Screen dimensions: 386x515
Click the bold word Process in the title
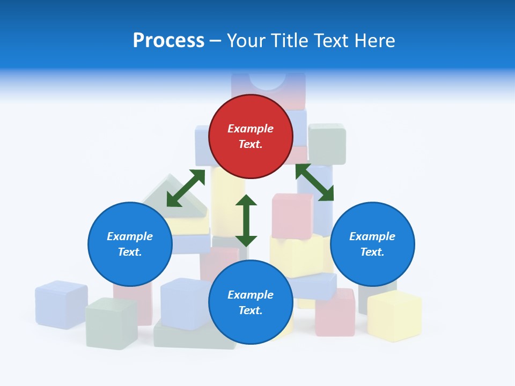pyautogui.click(x=168, y=41)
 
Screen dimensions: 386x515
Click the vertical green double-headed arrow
pyautogui.click(x=246, y=220)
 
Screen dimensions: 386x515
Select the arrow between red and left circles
pyautogui.click(x=186, y=188)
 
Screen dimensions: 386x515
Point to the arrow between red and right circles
pyautogui.click(x=314, y=182)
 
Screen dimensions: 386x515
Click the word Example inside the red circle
pyautogui.click(x=251, y=129)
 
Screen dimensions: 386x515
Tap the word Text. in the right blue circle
pyautogui.click(x=372, y=252)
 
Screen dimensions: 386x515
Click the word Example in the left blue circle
pyautogui.click(x=130, y=236)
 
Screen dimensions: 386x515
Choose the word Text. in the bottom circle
pyautogui.click(x=251, y=310)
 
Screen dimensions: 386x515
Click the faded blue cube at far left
pyautogui.click(x=61, y=304)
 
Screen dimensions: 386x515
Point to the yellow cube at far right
pyautogui.click(x=394, y=316)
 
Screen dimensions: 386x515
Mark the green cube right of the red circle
pyautogui.click(x=327, y=144)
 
